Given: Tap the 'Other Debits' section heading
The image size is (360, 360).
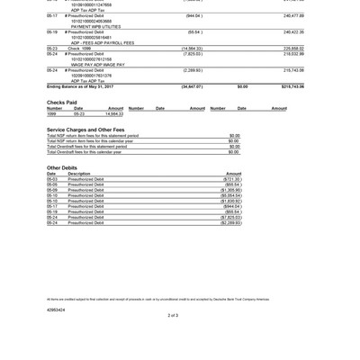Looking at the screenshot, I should pos(62,167).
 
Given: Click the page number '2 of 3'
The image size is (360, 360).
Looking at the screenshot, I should pos(173,316).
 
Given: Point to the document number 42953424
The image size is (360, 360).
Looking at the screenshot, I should pos(56,309).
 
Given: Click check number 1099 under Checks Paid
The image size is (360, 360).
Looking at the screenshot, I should pos(52,114).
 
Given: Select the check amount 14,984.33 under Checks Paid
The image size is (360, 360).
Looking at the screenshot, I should pos(114,114).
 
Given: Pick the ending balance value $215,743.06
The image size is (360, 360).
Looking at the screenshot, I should pos(292,86).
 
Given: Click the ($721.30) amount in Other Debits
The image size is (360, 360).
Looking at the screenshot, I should pos(232,179).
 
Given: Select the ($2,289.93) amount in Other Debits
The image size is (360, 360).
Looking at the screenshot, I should pos(231,222).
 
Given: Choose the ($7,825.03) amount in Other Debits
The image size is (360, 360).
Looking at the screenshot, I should pos(231,217).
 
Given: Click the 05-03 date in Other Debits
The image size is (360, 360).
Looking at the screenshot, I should pos(52,179).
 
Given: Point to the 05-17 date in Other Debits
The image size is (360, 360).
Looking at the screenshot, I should pos(52,206).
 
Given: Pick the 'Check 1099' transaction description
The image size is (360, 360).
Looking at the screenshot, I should pos(79,48).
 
